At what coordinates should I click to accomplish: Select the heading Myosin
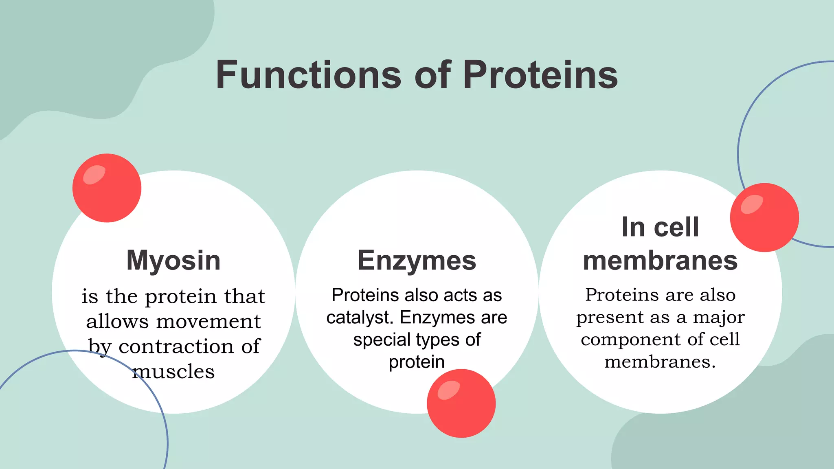173,260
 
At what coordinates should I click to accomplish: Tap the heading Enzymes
417,260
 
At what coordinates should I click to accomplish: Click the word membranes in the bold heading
660,261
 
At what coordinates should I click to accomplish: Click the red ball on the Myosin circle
107,188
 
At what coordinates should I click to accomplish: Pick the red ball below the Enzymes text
461,403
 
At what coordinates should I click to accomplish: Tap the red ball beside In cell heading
764,217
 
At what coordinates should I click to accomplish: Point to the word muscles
173,371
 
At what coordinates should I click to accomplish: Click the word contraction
177,346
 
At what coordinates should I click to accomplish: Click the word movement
208,322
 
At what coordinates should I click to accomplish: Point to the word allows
118,322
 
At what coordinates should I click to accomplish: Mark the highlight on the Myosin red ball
94,175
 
